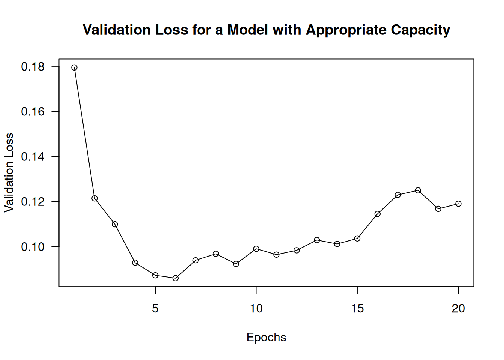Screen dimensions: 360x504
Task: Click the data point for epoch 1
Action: click(x=74, y=67)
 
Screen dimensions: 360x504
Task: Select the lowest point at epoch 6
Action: click(x=175, y=278)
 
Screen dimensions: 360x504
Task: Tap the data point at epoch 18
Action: click(x=418, y=190)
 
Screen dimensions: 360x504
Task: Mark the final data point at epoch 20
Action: click(x=458, y=204)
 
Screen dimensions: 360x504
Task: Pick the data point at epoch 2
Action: click(x=94, y=198)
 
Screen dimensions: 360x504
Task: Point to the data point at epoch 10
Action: click(x=256, y=249)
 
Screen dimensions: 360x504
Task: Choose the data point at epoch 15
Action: click(x=357, y=238)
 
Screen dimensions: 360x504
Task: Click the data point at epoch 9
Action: click(x=236, y=264)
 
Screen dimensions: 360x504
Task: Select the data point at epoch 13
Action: click(x=317, y=240)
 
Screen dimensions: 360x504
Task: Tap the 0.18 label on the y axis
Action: click(x=33, y=67)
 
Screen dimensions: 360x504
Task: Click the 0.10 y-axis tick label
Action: click(x=33, y=247)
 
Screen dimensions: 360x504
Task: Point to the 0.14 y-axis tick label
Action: click(x=33, y=157)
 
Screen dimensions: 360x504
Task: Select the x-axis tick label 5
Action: click(x=155, y=309)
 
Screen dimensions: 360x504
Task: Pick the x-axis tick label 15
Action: click(x=357, y=309)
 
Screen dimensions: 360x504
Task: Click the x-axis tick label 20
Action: click(x=458, y=309)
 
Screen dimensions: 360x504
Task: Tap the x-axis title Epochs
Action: click(x=266, y=337)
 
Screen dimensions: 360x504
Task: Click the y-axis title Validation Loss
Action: click(x=9, y=172)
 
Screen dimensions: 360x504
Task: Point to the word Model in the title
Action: click(x=247, y=30)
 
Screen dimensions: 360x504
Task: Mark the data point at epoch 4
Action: click(x=135, y=262)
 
